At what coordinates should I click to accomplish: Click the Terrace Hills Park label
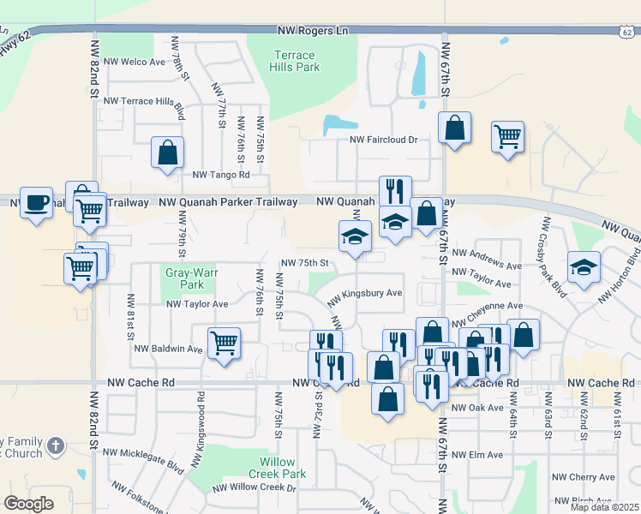pyautogui.click(x=294, y=61)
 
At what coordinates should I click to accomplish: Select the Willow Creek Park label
pyautogui.click(x=277, y=468)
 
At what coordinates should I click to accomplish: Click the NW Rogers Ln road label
pyautogui.click(x=313, y=31)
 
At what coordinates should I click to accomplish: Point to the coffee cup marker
pyautogui.click(x=36, y=203)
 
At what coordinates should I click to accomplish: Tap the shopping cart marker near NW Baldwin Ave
pyautogui.click(x=225, y=344)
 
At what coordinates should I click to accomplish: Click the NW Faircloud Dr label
pyautogui.click(x=382, y=140)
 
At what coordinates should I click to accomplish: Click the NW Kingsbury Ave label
pyautogui.click(x=365, y=293)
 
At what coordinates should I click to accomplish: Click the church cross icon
pyautogui.click(x=55, y=445)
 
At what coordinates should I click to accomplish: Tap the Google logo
pyautogui.click(x=28, y=503)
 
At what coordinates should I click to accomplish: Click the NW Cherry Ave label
pyautogui.click(x=583, y=477)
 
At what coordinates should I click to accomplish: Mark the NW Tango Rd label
pyautogui.click(x=220, y=174)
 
